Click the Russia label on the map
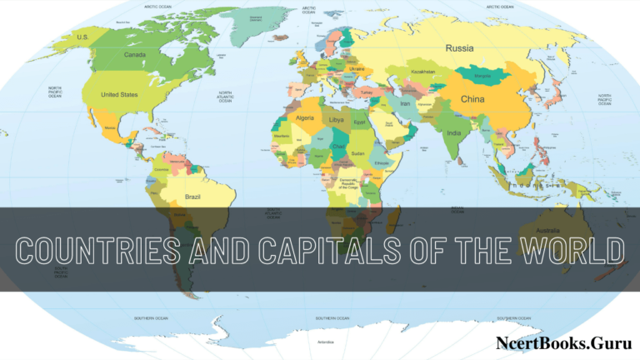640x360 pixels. point(459,47)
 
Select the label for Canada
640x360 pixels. point(135,55)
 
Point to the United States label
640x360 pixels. point(118,95)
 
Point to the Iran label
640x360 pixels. point(406,103)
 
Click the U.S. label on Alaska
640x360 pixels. point(82,37)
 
